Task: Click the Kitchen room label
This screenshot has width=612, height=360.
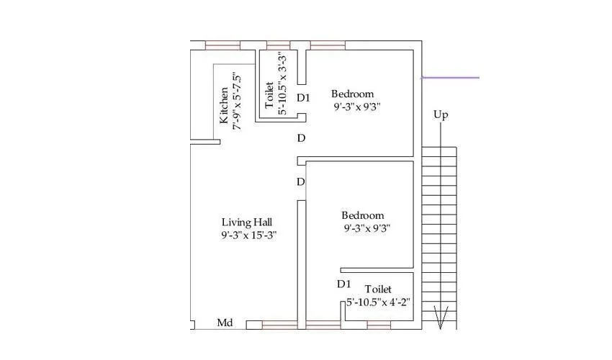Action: pos(225,105)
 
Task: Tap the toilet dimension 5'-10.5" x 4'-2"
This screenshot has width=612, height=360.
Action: pos(377,302)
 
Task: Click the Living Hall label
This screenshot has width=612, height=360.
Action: pos(246,222)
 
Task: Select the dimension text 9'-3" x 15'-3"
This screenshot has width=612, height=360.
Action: pos(249,235)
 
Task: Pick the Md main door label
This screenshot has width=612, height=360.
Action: pos(225,323)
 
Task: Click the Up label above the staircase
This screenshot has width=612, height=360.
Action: pos(441,114)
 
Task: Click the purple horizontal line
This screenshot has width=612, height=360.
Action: pos(450,77)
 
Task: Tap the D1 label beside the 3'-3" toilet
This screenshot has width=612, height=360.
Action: pos(303,98)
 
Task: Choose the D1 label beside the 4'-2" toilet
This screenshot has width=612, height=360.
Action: pos(344,284)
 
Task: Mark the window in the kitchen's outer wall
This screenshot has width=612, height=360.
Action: pos(222,45)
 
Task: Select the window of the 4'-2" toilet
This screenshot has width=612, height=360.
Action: pos(379,325)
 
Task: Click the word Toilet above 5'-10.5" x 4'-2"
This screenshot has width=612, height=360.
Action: pos(378,289)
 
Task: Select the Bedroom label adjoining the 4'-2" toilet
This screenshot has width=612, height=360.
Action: pos(362,215)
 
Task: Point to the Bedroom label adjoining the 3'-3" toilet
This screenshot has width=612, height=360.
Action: pos(352,94)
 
